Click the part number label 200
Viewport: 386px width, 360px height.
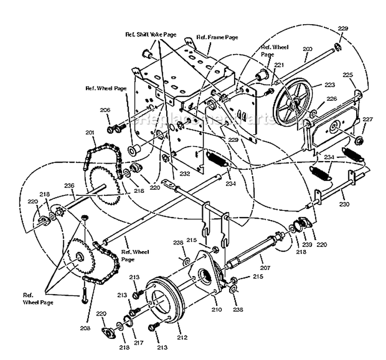(308, 49)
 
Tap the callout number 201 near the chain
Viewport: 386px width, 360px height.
(91, 133)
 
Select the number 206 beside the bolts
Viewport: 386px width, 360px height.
(105, 110)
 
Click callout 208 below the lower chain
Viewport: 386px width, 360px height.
(84, 327)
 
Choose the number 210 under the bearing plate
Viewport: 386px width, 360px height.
(216, 310)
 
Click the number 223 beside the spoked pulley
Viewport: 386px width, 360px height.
(329, 85)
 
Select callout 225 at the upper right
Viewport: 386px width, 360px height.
(348, 75)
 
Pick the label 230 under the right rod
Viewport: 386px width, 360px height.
(344, 204)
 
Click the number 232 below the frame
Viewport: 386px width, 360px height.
(185, 174)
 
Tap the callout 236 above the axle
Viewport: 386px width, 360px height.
(69, 185)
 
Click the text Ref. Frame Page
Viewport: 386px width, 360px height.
(218, 38)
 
